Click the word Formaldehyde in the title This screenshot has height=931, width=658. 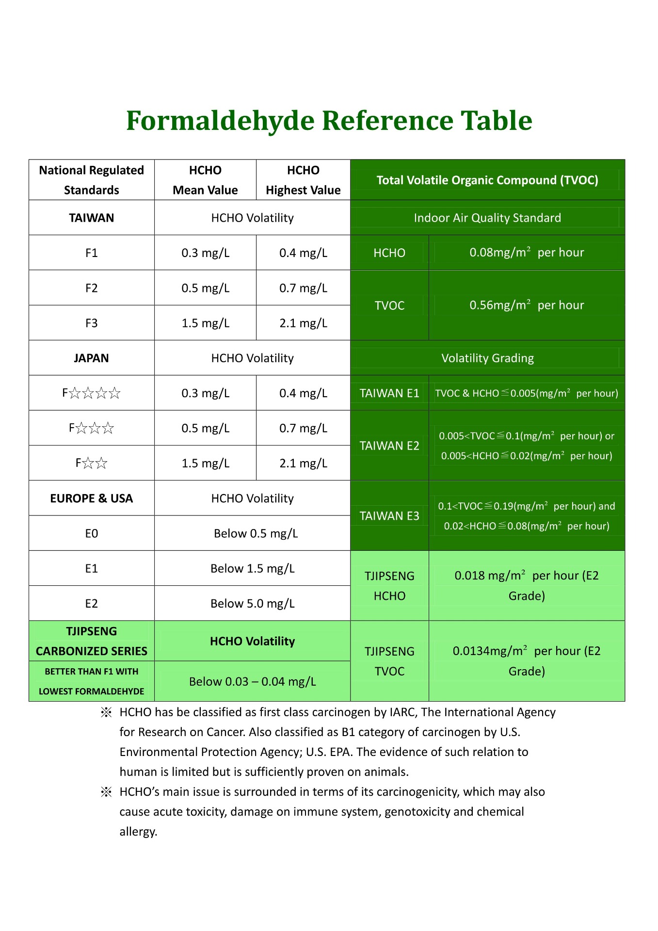(220, 121)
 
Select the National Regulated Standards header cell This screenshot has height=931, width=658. (92, 180)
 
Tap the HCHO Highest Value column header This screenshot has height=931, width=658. (303, 180)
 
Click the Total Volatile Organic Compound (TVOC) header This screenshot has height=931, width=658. (487, 180)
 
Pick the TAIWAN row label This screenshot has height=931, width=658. (92, 218)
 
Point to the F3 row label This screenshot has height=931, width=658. (92, 323)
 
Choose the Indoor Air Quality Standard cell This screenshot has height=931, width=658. (487, 218)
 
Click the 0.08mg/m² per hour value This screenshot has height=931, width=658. (527, 253)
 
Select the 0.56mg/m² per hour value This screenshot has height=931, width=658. (527, 305)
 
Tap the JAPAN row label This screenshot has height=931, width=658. (92, 358)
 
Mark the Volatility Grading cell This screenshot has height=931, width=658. (487, 358)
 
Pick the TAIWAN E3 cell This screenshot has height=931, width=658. (389, 516)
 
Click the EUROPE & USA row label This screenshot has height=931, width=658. (92, 498)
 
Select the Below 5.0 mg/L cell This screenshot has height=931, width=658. (253, 603)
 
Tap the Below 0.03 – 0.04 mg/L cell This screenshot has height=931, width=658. (253, 681)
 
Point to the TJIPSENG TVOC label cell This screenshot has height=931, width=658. (389, 661)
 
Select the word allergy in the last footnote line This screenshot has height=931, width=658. (138, 832)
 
